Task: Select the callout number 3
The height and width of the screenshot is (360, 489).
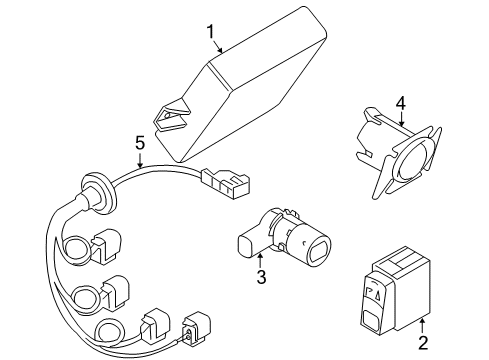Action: pyautogui.click(x=261, y=276)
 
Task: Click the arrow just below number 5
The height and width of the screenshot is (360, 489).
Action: pyautogui.click(x=141, y=160)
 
